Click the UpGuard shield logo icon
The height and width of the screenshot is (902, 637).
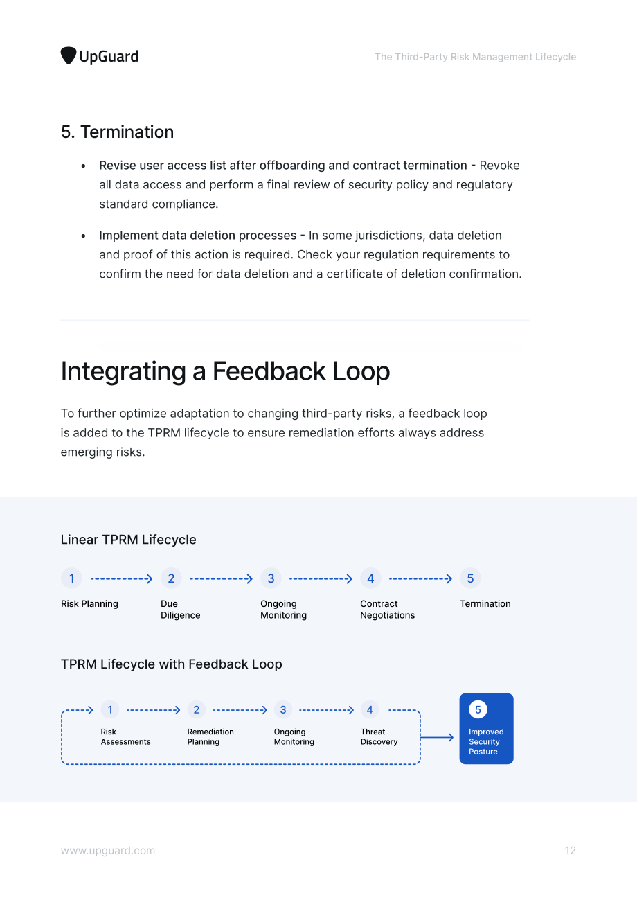point(69,55)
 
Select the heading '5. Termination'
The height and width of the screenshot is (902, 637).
point(117,132)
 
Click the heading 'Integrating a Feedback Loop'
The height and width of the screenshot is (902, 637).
point(225,371)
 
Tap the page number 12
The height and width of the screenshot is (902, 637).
point(571,850)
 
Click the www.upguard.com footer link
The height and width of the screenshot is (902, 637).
point(108,851)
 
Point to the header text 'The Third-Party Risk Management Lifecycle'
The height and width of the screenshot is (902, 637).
point(475,57)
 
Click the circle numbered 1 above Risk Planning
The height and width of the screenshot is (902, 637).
point(71,578)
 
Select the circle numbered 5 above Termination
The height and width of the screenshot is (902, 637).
point(470,578)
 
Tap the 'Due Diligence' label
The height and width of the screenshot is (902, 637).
point(180,609)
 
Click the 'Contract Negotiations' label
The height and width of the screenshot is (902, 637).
point(387,609)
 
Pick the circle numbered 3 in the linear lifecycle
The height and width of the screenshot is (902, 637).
point(271,578)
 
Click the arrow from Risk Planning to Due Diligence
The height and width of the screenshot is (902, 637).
point(122,579)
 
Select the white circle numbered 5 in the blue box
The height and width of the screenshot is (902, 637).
point(478,709)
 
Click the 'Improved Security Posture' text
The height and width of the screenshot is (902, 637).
point(486,741)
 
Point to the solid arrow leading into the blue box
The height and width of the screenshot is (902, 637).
point(437,737)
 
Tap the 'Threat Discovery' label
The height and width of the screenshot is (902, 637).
point(379,736)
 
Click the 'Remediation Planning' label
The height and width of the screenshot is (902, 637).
point(210,736)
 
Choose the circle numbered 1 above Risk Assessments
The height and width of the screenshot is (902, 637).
point(110,709)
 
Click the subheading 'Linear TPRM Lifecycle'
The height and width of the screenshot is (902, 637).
point(128,540)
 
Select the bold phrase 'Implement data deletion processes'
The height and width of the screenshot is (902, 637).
point(197,235)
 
